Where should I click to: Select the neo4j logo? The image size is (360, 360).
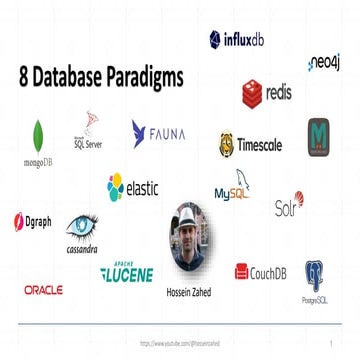(325, 63)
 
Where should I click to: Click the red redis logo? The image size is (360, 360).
(266, 93)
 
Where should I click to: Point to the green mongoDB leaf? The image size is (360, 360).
(38, 135)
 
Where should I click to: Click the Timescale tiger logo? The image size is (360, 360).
(250, 145)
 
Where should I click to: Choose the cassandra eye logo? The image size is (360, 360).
(81, 234)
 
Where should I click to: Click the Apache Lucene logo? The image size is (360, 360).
(126, 271)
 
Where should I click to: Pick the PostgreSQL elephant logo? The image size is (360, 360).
(318, 278)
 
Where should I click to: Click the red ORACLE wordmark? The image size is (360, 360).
(43, 290)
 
